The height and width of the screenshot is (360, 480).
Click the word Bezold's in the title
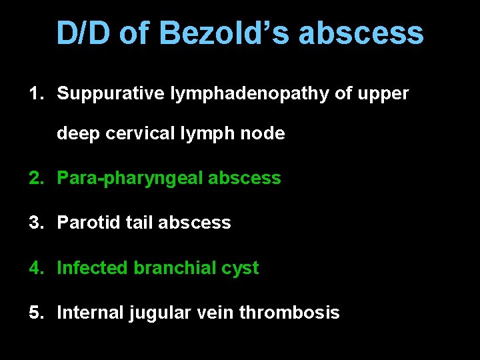point(224,33)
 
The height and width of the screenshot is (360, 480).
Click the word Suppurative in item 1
point(110,94)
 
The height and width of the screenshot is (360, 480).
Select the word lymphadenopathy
point(249,94)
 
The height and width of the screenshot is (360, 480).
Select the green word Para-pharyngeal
point(131,179)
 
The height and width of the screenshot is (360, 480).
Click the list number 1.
point(35,94)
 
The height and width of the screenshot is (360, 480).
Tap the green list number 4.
point(35,268)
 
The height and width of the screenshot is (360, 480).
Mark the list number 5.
point(35,313)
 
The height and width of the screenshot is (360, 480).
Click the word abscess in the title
point(361,33)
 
